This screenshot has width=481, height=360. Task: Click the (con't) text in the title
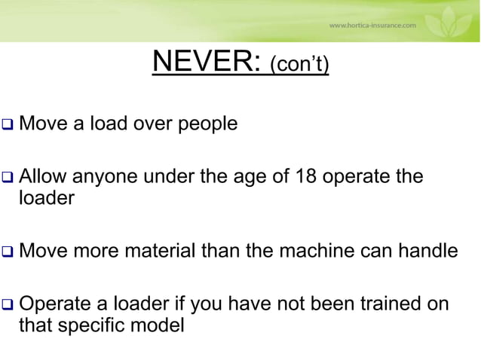pyautogui.click(x=299, y=66)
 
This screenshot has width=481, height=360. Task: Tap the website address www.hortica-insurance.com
pyautogui.click(x=372, y=25)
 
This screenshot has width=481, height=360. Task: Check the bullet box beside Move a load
pyautogui.click(x=8, y=123)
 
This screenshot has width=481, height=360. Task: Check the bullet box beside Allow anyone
pyautogui.click(x=8, y=179)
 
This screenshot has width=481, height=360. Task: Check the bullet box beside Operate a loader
pyautogui.click(x=8, y=307)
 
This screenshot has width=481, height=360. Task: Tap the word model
pyautogui.click(x=161, y=327)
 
